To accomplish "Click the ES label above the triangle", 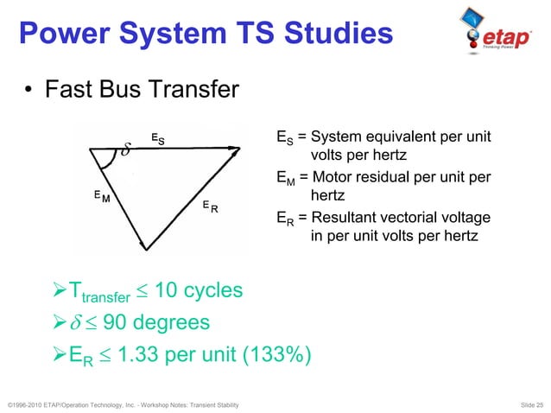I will point(158,138).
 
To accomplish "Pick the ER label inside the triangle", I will point(209,206).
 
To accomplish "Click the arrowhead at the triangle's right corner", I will point(235,149).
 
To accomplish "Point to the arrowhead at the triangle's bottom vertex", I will point(146,246).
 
